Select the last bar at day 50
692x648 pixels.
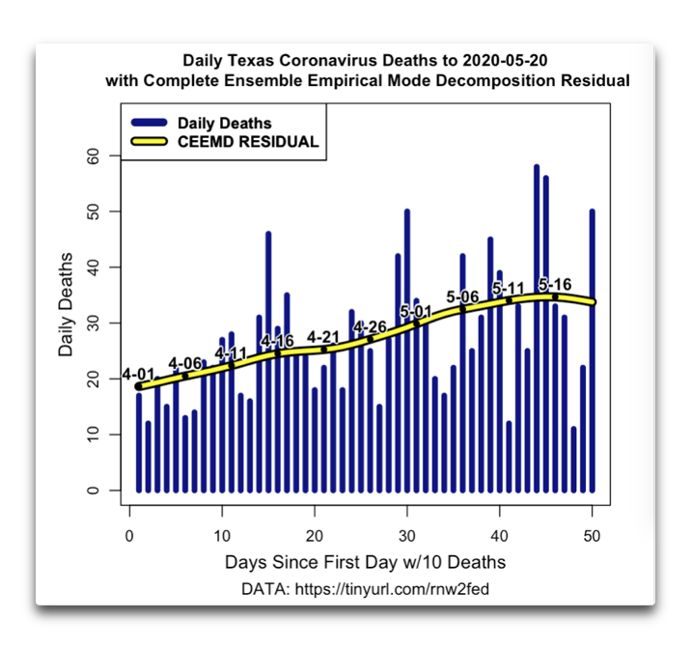pos(593,351)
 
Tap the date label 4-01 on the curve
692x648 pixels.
pos(138,374)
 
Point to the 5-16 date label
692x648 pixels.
pos(555,284)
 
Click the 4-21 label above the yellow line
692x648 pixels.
pos(323,337)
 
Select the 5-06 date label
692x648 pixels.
pos(462,296)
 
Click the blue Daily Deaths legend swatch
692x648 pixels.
pos(150,123)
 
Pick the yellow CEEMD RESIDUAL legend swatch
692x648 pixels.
pos(150,141)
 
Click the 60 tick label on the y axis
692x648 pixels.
pos(93,155)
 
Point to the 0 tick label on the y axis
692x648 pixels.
pos(93,491)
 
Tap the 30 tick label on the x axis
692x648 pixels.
pos(407,536)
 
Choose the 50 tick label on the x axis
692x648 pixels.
pos(592,536)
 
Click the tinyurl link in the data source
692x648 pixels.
pos(392,589)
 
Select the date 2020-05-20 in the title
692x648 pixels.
pos(505,60)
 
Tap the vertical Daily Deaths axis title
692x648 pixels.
pos(66,304)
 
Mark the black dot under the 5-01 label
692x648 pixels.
pos(416,324)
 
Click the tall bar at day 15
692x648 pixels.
pos(268,362)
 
